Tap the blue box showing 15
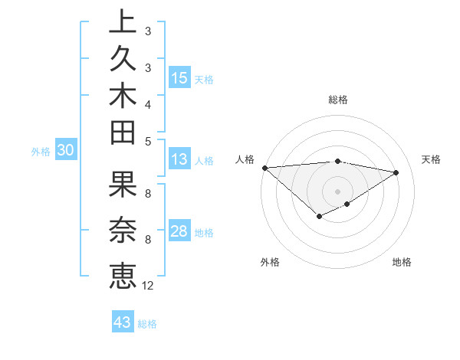point(179,77)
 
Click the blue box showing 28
point(179,231)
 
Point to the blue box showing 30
point(66,151)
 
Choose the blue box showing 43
point(123,322)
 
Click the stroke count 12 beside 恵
point(148,286)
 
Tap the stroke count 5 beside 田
point(148,141)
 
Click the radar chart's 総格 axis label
point(338,100)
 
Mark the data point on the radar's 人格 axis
point(264,168)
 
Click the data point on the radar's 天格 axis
point(396,172)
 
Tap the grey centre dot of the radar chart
point(338,191)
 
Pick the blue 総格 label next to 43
point(147,324)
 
